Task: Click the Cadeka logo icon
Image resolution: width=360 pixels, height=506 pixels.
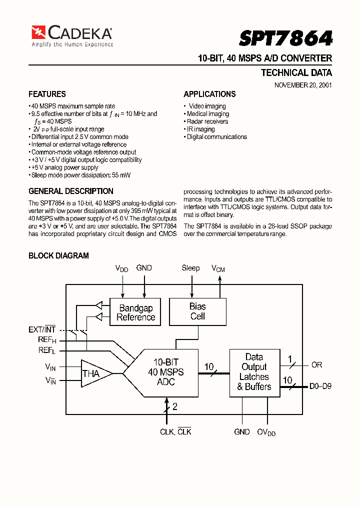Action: pos(38,32)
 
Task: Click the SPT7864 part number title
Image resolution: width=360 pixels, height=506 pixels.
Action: pos(285,38)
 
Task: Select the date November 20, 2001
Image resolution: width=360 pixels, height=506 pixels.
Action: pos(303,85)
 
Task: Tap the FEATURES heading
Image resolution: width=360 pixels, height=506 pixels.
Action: pos(47,94)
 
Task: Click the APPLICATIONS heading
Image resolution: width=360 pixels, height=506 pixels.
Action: pos(209,94)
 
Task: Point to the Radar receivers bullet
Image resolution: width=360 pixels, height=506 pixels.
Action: pos(207,121)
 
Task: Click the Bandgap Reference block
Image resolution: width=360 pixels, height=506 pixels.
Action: pos(135,312)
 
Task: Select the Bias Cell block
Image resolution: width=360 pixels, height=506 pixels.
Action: pos(197,311)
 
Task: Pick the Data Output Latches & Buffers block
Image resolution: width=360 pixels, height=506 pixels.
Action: pos(254,372)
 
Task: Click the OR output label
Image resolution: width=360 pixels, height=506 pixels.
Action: pos(317,365)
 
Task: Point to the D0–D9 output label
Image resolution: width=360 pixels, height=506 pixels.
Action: pos(320,386)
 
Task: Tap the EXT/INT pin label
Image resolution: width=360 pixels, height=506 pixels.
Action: pos(42,329)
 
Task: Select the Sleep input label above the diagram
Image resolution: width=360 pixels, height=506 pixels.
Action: pos(190,268)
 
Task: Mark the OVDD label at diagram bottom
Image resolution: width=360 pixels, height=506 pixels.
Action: pos(266,432)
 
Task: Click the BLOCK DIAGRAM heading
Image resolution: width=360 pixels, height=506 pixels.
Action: pos(58,255)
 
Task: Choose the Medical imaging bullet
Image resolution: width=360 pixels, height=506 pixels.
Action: pos(208,114)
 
